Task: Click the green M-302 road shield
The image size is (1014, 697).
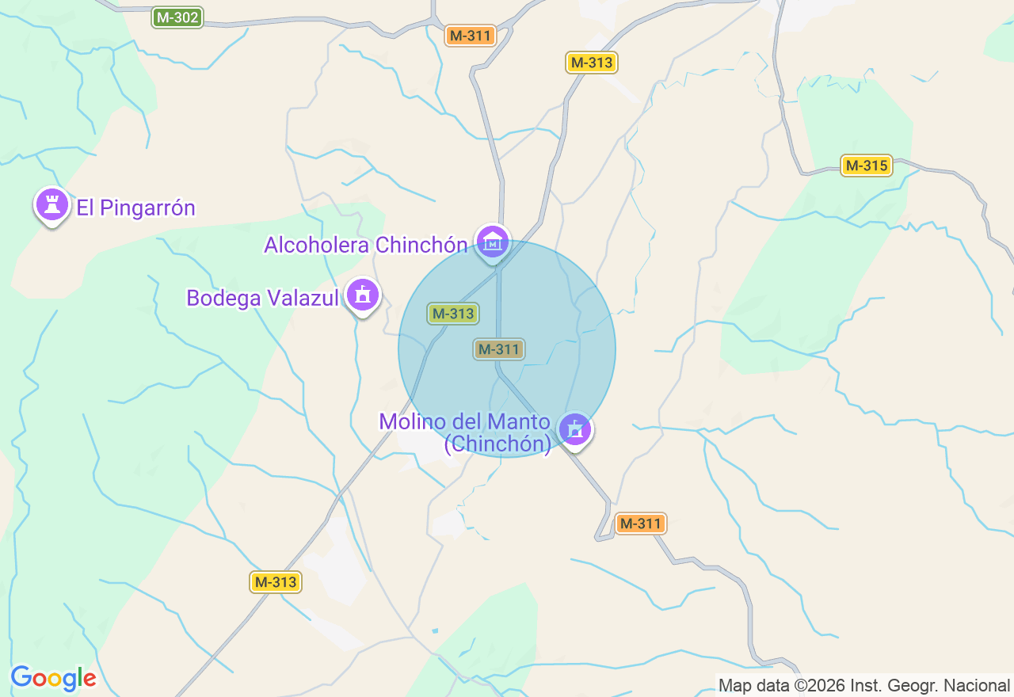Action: coord(177,17)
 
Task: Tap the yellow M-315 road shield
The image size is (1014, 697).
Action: coord(866,166)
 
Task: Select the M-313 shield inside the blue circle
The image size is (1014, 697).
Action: coord(452,314)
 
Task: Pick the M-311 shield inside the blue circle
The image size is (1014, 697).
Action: coord(499,348)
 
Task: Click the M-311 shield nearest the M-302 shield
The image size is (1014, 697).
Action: coord(470,36)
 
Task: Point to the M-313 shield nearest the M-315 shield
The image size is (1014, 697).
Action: coord(592,63)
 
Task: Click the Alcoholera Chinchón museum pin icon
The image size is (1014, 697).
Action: coord(493,241)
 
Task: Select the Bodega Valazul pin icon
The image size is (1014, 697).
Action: coord(364,295)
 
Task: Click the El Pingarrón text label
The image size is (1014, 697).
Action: coord(135,208)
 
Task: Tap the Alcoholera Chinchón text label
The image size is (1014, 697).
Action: coord(365,246)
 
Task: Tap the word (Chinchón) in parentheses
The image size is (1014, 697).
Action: coord(497,444)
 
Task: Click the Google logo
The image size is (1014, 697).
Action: coord(53,678)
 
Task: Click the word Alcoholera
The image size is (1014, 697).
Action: coord(317,246)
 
